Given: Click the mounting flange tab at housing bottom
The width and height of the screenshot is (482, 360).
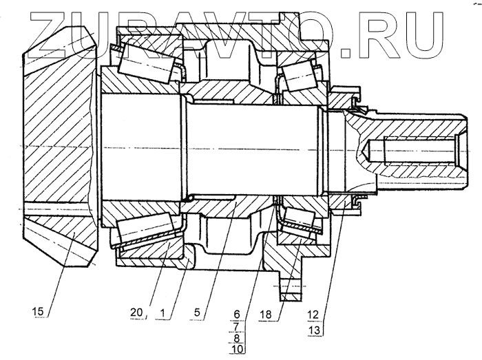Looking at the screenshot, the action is click(x=291, y=289).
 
